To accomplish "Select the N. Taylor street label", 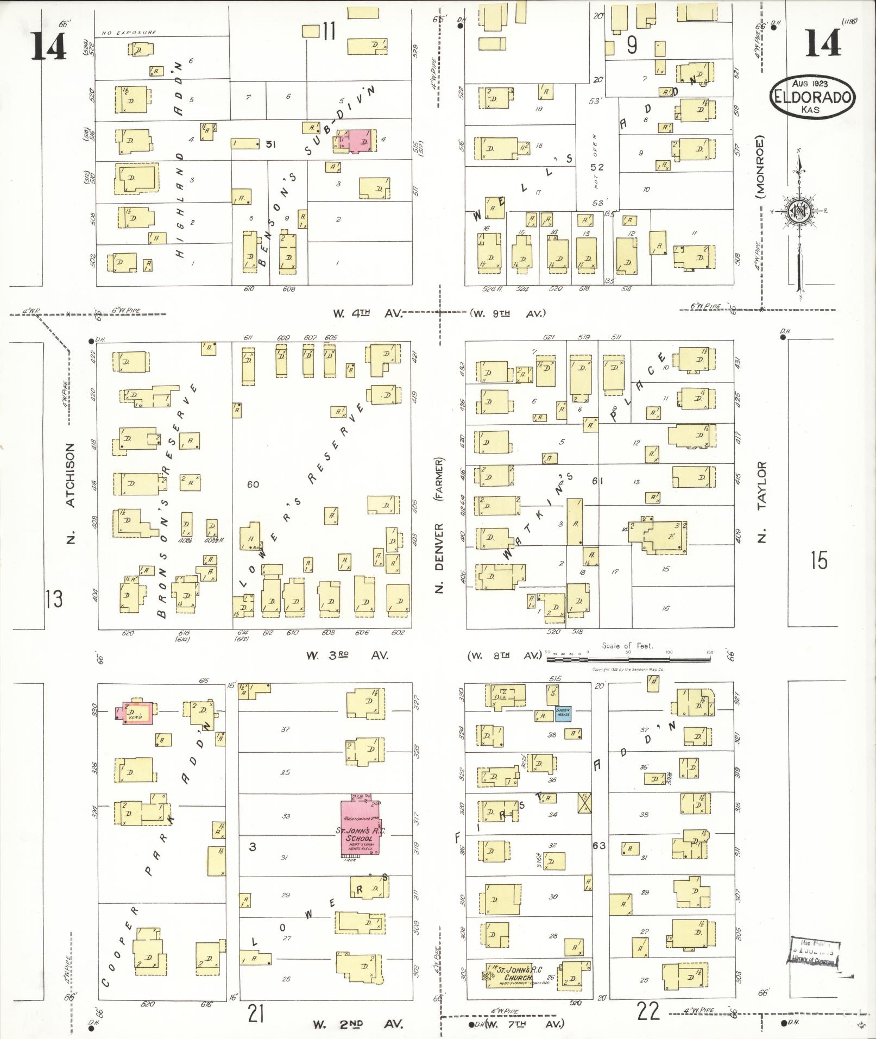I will (762, 502).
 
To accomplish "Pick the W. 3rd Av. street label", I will (347, 656).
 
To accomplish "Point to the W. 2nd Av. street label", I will (357, 1024).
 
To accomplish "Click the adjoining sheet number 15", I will (818, 560).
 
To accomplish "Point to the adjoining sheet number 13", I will (54, 600).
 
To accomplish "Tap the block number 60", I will (253, 484).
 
